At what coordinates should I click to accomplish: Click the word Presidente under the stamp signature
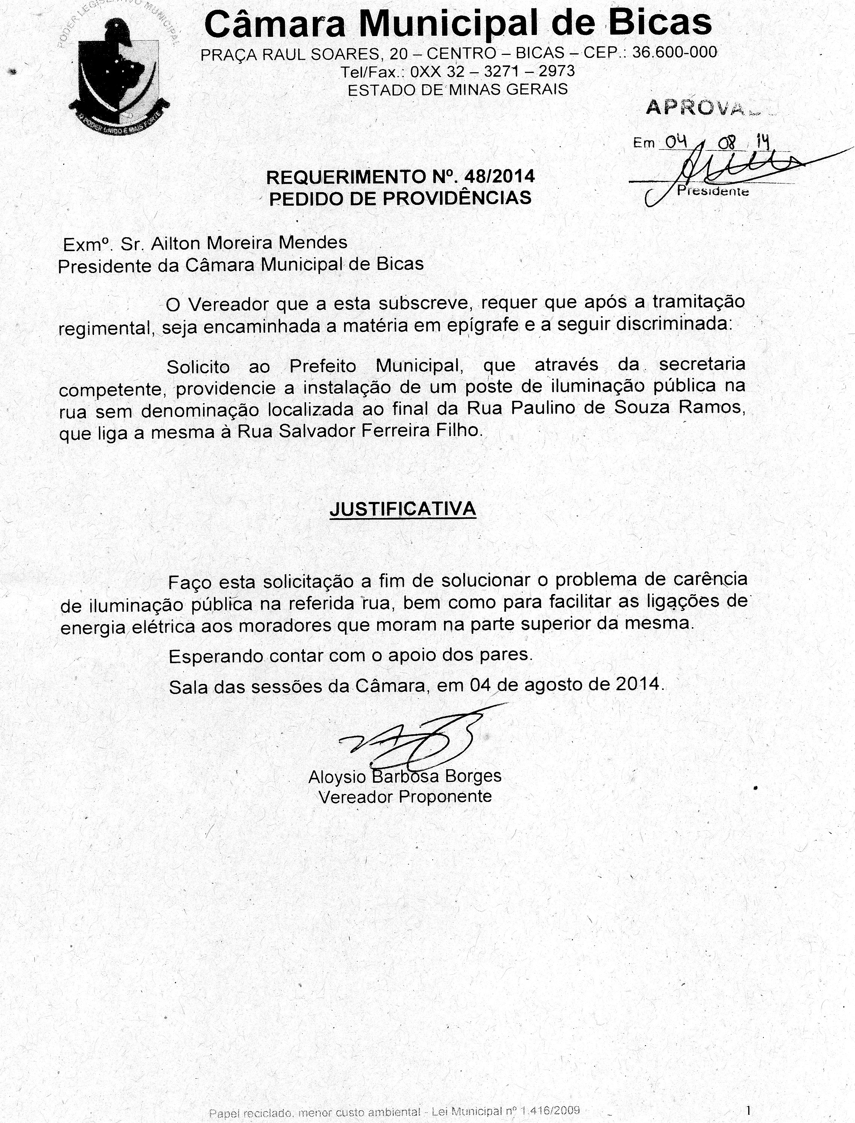[712, 191]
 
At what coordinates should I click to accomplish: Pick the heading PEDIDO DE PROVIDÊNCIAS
[400, 198]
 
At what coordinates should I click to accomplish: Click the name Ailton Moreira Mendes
[249, 243]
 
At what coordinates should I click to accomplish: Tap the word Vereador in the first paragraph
[227, 304]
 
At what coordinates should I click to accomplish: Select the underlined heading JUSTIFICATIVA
[403, 509]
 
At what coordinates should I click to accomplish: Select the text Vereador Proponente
[405, 796]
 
